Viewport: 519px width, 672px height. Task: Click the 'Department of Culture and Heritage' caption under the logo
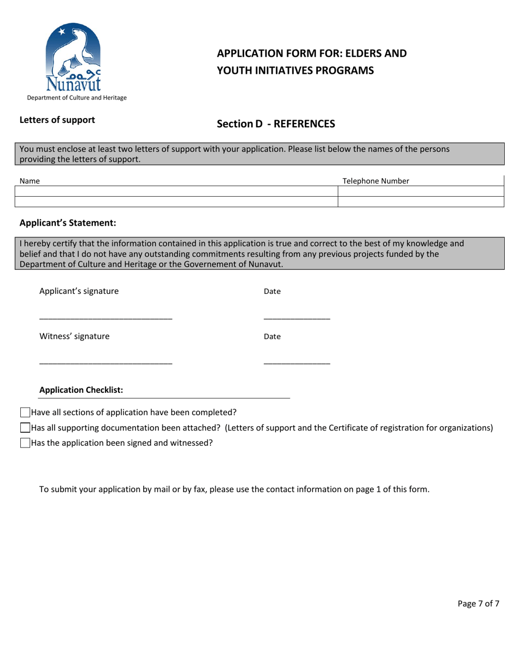74,98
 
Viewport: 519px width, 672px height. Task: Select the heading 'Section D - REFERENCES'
275,124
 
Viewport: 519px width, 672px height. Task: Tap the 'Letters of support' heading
57,120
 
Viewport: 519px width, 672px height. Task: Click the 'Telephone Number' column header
376,181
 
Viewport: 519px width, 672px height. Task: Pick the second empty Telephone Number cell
420,202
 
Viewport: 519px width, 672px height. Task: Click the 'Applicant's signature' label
79,291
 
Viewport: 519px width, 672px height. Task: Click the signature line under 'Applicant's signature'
106,319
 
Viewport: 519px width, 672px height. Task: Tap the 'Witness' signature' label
74,337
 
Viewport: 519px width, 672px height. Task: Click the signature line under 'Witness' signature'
106,364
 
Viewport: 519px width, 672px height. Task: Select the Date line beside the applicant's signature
297,319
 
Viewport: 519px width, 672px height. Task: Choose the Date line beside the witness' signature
297,364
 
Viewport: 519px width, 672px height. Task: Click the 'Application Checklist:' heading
81,390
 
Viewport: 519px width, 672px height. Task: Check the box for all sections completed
25,412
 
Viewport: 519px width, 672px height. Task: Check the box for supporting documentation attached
25,428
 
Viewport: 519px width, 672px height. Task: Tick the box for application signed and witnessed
25,443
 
